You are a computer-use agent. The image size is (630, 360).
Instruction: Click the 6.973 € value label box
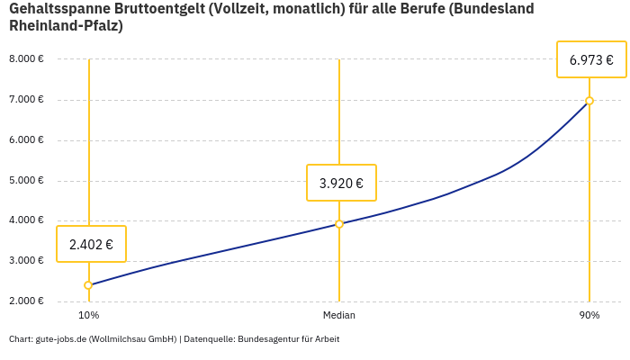[591, 60]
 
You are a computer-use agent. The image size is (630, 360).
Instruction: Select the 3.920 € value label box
[341, 183]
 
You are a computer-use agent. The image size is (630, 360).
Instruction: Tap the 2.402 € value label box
[91, 244]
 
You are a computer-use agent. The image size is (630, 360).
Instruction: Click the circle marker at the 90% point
[589, 101]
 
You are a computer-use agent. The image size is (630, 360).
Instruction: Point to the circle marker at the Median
[339, 224]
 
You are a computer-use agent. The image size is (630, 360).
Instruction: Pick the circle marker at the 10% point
[88, 285]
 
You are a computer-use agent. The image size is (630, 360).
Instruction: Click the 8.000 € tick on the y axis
[26, 58]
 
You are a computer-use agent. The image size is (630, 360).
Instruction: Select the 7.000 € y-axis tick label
[26, 99]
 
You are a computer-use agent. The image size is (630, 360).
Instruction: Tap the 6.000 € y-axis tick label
[26, 139]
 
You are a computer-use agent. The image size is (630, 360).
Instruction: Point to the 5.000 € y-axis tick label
[26, 180]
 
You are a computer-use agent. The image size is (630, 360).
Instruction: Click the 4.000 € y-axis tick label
[26, 220]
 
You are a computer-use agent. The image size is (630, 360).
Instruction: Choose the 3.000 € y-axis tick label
[26, 260]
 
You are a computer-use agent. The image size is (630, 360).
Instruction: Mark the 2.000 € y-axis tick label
[26, 301]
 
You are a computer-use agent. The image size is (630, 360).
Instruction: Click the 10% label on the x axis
[88, 316]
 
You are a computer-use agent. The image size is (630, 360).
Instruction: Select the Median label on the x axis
[339, 316]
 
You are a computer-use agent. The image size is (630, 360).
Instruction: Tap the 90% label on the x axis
[589, 316]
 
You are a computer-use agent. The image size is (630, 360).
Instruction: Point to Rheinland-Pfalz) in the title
[66, 26]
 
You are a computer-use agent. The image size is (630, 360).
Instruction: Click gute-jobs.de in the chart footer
[60, 339]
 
